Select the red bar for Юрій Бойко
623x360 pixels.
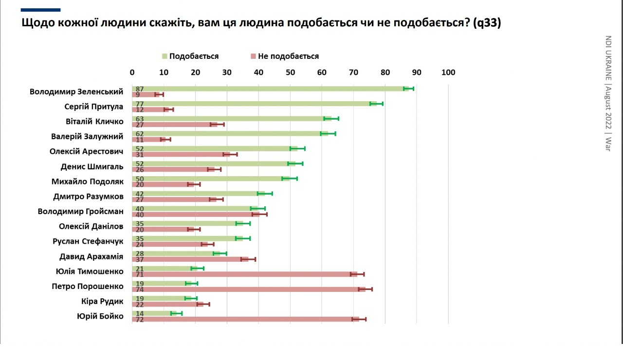click(246, 319)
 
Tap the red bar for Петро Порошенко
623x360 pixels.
click(248, 289)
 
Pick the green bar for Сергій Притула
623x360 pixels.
click(253, 104)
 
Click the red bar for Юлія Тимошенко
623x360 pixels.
click(243, 274)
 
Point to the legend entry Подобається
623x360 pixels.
click(190, 56)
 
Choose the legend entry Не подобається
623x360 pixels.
click(285, 56)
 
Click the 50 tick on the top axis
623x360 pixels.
click(290, 72)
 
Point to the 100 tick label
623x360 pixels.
click(448, 72)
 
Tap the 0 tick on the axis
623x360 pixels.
click(132, 72)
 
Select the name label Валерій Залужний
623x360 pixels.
click(87, 136)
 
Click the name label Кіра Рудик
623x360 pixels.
click(102, 301)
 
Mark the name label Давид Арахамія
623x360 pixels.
click(91, 256)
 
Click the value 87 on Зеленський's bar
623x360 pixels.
click(140, 89)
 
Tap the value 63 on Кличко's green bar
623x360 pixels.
click(140, 119)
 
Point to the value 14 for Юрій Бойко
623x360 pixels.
click(140, 313)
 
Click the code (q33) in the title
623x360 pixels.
click(487, 23)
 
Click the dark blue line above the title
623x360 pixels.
click(41, 10)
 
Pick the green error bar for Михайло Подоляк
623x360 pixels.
click(290, 179)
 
